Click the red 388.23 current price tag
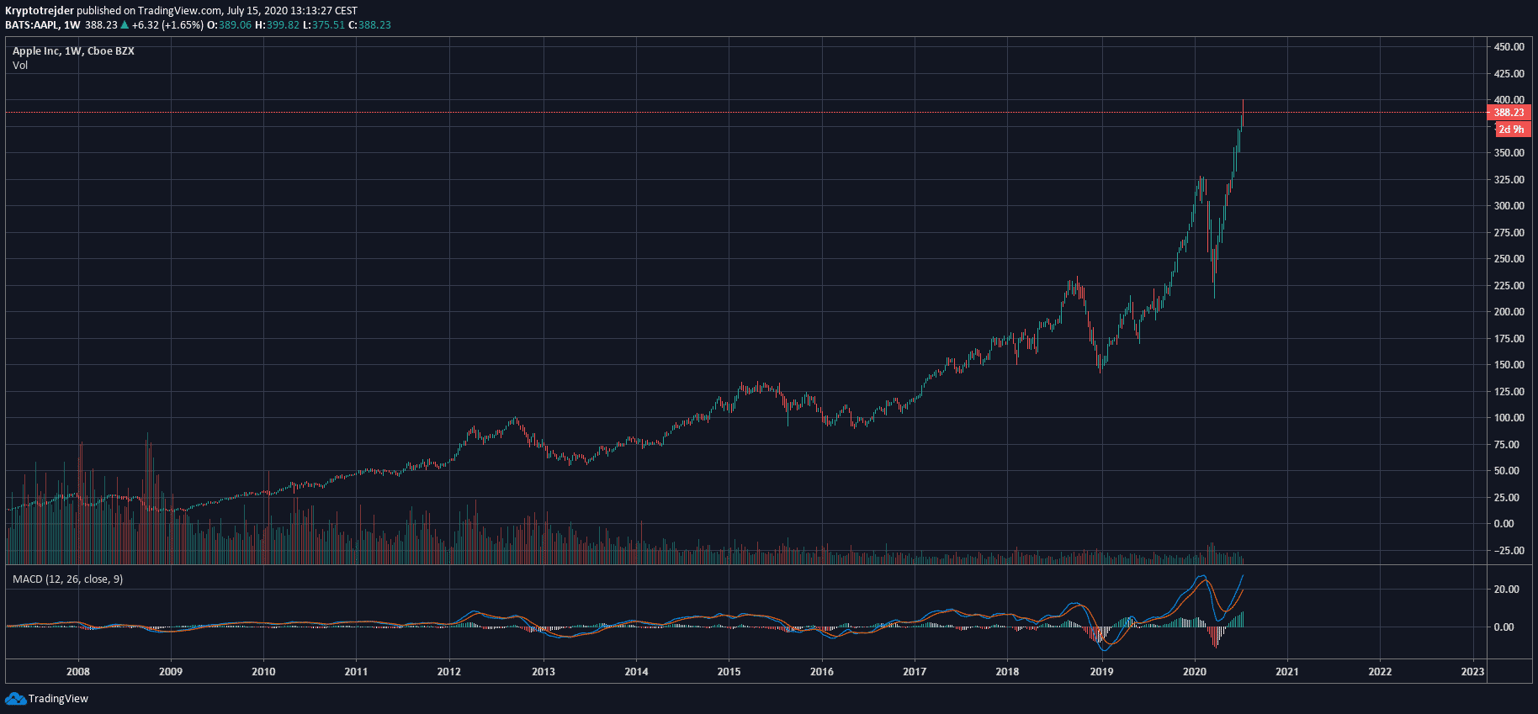click(x=1509, y=113)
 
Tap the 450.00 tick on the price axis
click(x=1509, y=47)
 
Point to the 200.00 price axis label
click(x=1509, y=312)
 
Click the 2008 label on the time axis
click(x=78, y=672)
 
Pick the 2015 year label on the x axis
click(x=729, y=672)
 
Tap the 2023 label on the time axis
click(x=1472, y=672)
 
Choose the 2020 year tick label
click(x=1194, y=672)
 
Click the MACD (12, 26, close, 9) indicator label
click(x=67, y=579)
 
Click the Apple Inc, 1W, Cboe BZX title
click(x=73, y=51)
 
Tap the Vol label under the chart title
click(x=20, y=66)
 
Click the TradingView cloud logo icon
click(x=15, y=699)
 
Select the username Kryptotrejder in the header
click(x=40, y=11)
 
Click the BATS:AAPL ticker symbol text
click(x=31, y=25)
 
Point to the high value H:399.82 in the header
click(x=277, y=25)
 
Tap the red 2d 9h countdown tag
click(x=1511, y=130)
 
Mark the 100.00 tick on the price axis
click(x=1509, y=418)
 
